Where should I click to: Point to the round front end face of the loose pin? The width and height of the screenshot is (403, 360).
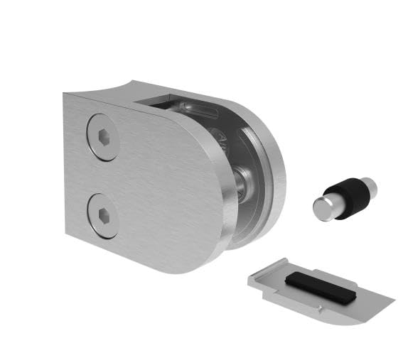(x=323, y=208)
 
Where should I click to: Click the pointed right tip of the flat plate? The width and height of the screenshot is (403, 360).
(x=391, y=298)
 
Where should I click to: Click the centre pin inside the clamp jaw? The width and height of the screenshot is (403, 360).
(x=242, y=182)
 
